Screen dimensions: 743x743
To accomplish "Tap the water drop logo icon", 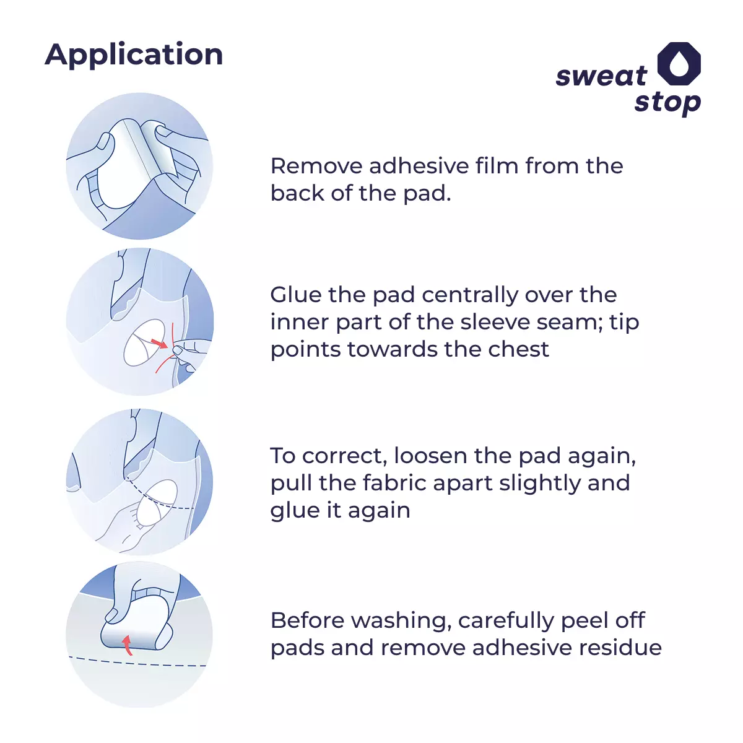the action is (x=679, y=64).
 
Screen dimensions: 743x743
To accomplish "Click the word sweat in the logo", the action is (x=601, y=76).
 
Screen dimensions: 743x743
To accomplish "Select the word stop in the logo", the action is (x=667, y=103).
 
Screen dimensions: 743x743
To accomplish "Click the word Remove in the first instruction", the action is (x=316, y=166).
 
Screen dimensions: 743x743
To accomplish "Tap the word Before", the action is (x=307, y=620).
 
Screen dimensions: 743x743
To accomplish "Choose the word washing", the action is (x=401, y=622).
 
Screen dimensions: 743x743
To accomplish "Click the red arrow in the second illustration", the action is (x=159, y=343).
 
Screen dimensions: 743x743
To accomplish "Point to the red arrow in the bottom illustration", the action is (x=128, y=645).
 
